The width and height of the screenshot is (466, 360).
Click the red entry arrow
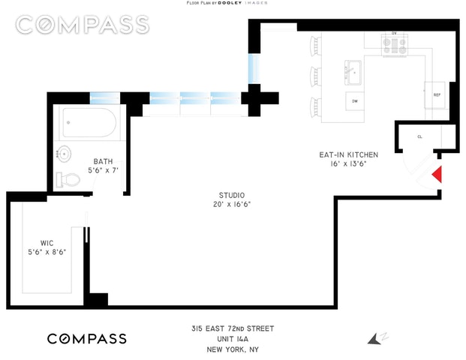tap(437, 175)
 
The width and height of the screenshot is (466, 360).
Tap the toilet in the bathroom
tap(68, 178)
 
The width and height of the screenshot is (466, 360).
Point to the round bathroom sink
tap(64, 154)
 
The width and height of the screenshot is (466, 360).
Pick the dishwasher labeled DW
tap(354, 100)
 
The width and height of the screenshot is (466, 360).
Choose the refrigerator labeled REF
tap(437, 94)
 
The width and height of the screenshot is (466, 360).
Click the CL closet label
tap(420, 136)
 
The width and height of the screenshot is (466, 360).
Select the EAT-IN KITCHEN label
tap(348, 154)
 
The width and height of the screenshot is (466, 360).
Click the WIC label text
tap(46, 242)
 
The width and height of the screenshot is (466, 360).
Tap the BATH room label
tap(104, 161)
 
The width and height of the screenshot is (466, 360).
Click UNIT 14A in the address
tap(231, 339)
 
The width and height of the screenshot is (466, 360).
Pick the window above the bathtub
tap(100, 97)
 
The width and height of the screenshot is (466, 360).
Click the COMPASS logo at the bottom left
tap(87, 339)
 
